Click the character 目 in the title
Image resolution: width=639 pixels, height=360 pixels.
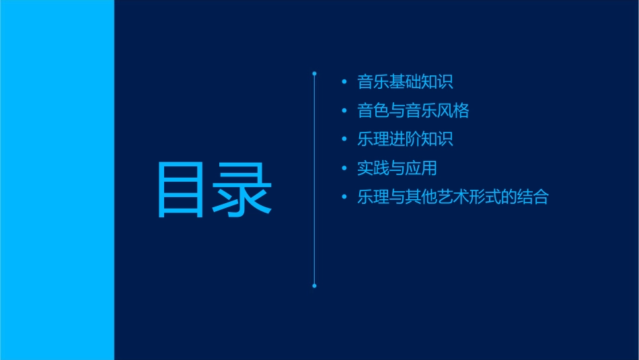pos(180,190)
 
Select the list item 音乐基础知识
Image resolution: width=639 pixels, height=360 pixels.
pos(405,82)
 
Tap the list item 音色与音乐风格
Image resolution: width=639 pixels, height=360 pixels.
pos(413,110)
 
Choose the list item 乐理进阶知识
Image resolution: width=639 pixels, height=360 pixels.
pos(405,139)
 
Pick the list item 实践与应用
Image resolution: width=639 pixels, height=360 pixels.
pos(397,168)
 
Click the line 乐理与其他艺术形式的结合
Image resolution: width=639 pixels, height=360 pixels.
pos(453,197)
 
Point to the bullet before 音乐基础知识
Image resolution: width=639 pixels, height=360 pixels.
pos(344,82)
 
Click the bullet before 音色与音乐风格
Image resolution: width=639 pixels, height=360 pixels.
pos(344,111)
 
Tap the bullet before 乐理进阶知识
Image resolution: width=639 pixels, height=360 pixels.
pos(344,140)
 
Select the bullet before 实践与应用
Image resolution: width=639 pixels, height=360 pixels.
pos(344,169)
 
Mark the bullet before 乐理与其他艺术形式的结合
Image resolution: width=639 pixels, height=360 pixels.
pos(344,198)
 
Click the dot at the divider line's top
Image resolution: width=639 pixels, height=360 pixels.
pos(314,73)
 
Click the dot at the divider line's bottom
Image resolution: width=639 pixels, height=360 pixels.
pos(314,286)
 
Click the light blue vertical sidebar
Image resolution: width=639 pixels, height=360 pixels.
pos(57,180)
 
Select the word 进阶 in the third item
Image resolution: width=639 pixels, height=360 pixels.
pos(405,139)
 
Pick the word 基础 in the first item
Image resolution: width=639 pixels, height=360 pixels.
pos(405,82)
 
